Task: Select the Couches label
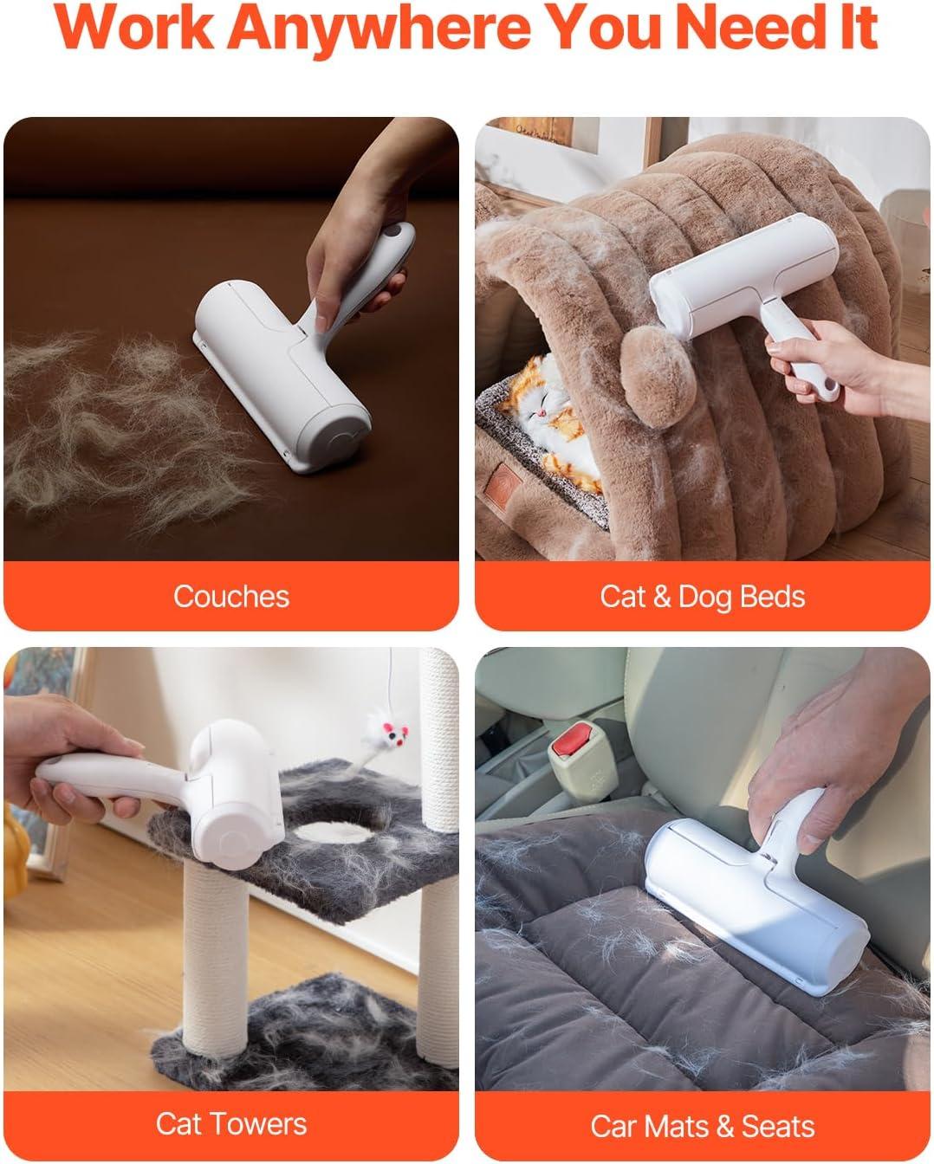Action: click(231, 597)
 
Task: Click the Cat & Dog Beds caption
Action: click(703, 597)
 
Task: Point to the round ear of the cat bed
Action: click(658, 377)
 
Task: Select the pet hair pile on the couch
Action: click(125, 427)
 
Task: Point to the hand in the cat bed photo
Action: click(844, 368)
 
